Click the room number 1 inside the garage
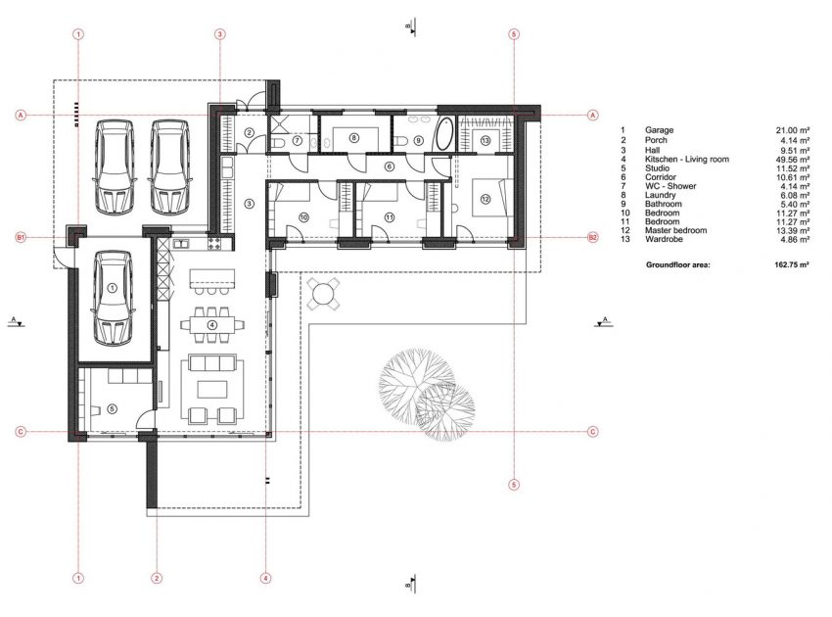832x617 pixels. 111,288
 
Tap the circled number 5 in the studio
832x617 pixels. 111,410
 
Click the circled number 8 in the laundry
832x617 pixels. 353,139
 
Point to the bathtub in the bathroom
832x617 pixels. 444,134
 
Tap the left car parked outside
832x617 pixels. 114,166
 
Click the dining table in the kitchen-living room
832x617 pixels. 212,322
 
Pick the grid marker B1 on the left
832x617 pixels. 20,237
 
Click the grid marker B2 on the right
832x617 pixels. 592,237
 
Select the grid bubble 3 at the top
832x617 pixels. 220,33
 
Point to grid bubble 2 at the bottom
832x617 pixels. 156,579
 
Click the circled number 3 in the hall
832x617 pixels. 249,204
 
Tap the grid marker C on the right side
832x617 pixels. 592,431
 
